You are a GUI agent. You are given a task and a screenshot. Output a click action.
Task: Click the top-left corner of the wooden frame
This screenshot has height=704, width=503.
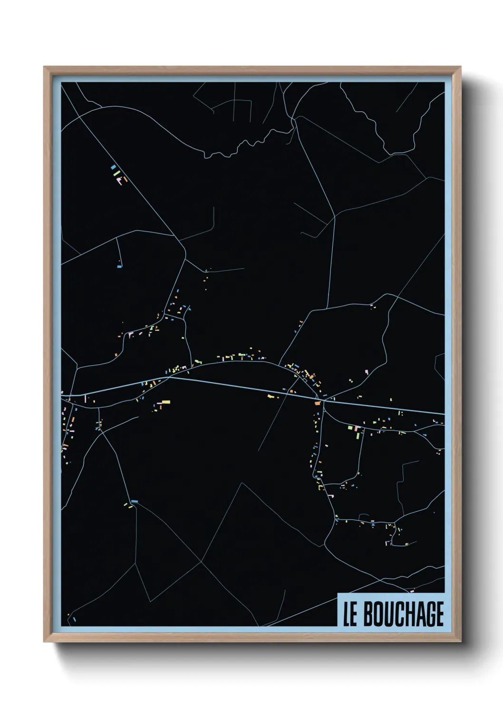pos(44,67)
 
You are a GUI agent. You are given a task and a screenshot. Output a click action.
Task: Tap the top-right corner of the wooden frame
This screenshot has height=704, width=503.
pos(461,67)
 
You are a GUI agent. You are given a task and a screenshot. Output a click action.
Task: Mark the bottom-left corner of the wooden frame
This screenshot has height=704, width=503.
pos(44,642)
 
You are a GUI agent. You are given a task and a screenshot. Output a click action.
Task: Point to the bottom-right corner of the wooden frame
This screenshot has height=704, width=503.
pos(461,642)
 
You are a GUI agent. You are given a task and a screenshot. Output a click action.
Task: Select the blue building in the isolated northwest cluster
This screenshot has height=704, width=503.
pos(113,167)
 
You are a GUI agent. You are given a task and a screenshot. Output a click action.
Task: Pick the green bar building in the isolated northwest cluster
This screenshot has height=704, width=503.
pos(116,173)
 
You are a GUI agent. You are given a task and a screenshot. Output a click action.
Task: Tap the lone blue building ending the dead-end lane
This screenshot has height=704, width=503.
pos(120,267)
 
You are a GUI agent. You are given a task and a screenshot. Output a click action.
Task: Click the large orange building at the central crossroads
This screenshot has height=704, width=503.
pos(318,403)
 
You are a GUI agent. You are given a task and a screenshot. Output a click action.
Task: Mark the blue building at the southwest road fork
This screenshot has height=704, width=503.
pos(135,501)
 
